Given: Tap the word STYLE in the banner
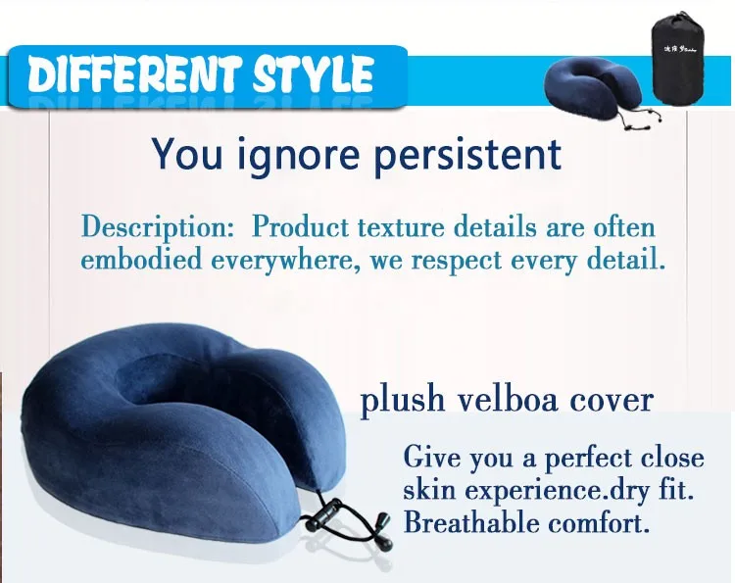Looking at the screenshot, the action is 314,74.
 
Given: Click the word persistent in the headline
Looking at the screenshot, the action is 468,154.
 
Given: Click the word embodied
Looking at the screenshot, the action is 141,259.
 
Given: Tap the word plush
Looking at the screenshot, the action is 402,401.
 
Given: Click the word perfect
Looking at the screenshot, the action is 587,458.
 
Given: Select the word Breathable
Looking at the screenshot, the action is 471,521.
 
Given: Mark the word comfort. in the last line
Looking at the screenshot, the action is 599,521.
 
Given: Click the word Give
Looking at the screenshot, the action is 431,457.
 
